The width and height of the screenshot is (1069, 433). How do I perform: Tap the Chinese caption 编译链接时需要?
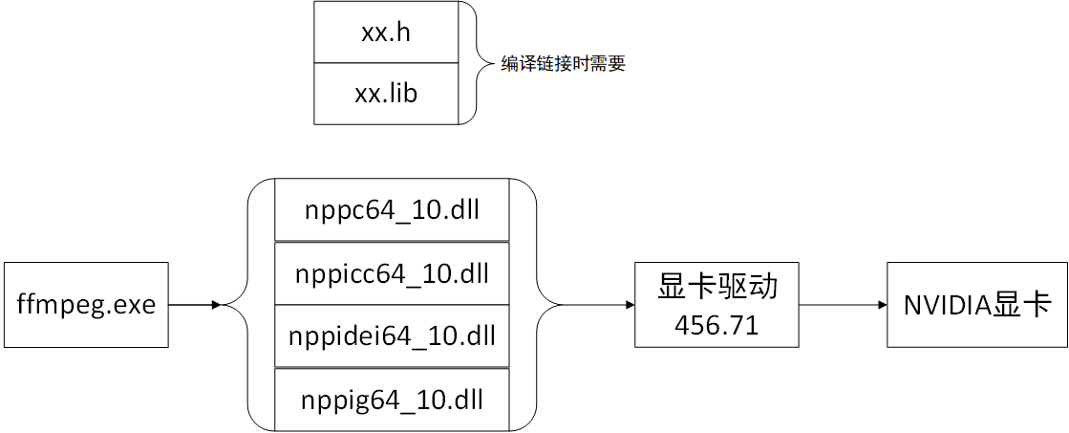click(564, 64)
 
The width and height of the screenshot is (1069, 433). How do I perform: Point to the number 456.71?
click(716, 324)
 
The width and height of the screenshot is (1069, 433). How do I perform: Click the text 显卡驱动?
click(716, 287)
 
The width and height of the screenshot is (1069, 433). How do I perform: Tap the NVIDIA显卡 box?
click(976, 305)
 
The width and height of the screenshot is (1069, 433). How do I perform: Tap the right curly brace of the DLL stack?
click(545, 305)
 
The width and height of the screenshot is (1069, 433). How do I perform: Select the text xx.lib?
click(386, 94)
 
